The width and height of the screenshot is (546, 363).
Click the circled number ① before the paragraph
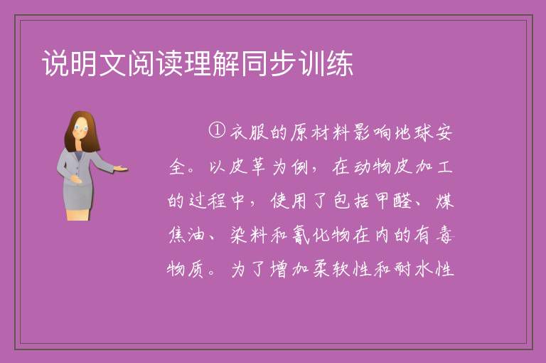pos(217,130)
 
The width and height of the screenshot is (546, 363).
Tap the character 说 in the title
pos(55,63)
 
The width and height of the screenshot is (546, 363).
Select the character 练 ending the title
pos(340,63)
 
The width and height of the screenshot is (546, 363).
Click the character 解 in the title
pos(226,63)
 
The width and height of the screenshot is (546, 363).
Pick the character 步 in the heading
pos(283,63)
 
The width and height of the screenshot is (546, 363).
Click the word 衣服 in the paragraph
pos(249,132)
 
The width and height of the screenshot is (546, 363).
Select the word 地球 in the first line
pos(413,132)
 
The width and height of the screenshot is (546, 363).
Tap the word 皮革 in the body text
pos(250,167)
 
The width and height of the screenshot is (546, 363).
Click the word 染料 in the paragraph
pos(249,235)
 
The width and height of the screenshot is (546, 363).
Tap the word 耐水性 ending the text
pos(424,269)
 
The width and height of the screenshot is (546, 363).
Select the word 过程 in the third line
pos(208,201)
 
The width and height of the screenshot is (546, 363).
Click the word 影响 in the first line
pos(373,132)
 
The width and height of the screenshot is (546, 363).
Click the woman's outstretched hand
pos(120,169)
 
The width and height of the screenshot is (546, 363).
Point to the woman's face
pos(80,128)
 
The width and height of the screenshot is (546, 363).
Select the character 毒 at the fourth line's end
pos(444,235)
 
